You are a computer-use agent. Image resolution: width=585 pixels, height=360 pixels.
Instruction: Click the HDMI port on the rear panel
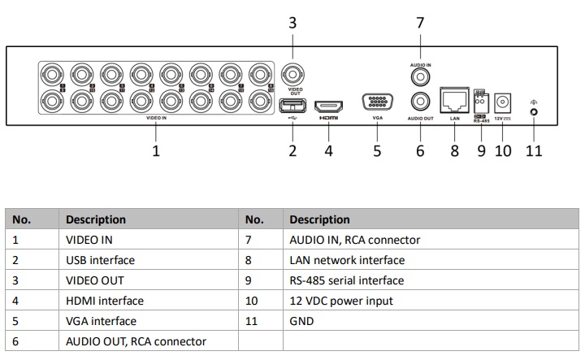click(x=328, y=106)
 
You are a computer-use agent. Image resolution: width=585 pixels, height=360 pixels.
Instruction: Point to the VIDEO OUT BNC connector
click(x=293, y=76)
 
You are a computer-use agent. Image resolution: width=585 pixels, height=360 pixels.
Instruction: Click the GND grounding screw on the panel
click(x=534, y=111)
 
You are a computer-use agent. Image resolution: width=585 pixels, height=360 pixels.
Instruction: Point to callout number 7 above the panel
click(x=420, y=23)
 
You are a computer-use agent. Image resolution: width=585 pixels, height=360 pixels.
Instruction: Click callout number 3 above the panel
click(x=293, y=23)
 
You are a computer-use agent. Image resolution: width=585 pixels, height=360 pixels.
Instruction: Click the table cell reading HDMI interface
click(x=104, y=301)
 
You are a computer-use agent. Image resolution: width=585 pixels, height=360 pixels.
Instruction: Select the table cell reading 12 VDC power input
click(x=341, y=301)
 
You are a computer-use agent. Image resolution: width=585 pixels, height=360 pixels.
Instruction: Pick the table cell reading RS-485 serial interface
click(x=346, y=280)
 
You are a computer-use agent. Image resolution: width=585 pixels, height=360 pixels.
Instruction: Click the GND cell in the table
click(x=302, y=321)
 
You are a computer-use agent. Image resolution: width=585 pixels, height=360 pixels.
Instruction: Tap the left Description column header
click(x=96, y=219)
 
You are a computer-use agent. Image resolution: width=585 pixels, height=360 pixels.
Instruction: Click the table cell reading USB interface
click(x=100, y=260)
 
